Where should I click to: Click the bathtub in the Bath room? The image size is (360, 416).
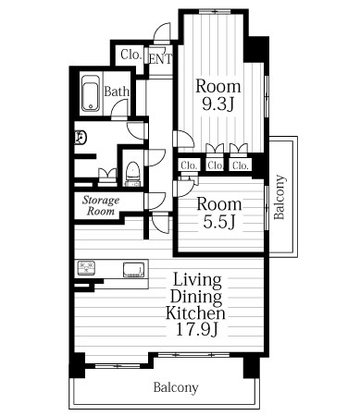[x=91, y=93]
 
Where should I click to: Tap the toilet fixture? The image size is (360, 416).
[x=133, y=174]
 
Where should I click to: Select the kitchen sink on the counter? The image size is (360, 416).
[x=133, y=270]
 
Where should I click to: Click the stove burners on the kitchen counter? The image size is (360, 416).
[x=86, y=268]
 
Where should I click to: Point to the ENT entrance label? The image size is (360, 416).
[x=160, y=59]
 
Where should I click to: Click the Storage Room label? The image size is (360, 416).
[x=101, y=205]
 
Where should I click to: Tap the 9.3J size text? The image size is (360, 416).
[x=217, y=104]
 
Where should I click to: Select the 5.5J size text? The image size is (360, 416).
[x=219, y=222]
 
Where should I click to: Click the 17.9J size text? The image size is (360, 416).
[x=197, y=329]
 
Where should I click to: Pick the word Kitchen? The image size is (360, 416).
[x=195, y=312]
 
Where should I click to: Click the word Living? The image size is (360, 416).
[x=197, y=280]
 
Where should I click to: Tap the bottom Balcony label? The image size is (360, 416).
[x=176, y=387]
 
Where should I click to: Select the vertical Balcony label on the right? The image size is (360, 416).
[x=279, y=197]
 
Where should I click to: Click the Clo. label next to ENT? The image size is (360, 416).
[x=131, y=55]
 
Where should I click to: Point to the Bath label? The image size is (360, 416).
[x=117, y=92]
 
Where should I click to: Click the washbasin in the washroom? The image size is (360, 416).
[x=80, y=138]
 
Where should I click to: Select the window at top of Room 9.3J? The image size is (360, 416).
[x=215, y=12]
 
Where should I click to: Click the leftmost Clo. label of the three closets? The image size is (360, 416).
[x=189, y=165]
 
